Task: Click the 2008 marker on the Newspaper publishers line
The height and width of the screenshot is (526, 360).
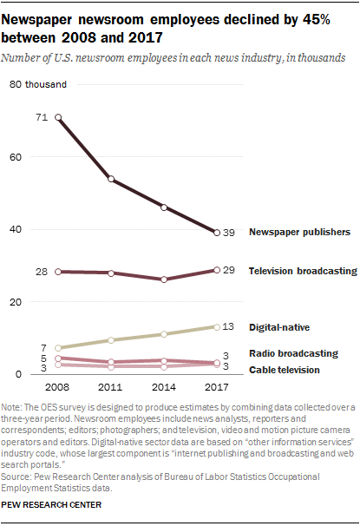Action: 58,117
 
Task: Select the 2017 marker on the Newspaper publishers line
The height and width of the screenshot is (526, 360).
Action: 217,233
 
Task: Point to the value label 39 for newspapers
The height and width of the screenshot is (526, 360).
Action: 230,233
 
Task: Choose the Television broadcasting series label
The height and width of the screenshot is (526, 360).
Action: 303,271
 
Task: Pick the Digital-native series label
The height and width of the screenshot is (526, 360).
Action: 279,327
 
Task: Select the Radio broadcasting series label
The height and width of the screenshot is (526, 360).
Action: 293,353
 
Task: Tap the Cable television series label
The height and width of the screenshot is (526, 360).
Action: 287,370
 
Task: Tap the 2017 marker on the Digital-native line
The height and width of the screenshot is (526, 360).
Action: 217,327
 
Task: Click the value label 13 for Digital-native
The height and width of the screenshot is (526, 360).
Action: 230,327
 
